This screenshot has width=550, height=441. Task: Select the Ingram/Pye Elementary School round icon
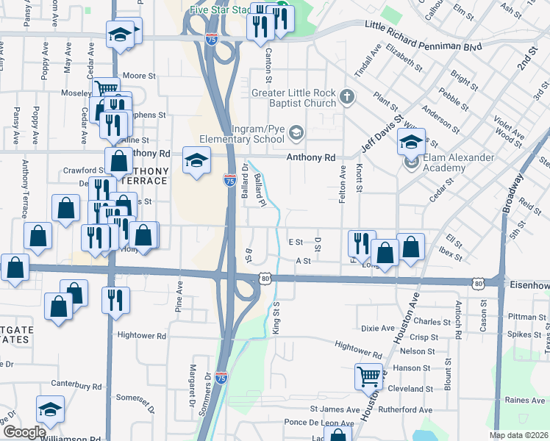pyautogui.click(x=296, y=133)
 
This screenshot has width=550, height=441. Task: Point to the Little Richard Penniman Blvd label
pyautogui.click(x=424, y=35)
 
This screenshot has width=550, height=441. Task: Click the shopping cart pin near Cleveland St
pyautogui.click(x=368, y=377)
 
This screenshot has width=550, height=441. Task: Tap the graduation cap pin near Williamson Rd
pyautogui.click(x=50, y=409)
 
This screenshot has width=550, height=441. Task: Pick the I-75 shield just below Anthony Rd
pyautogui.click(x=229, y=179)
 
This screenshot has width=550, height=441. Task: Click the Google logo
pyautogui.click(x=24, y=432)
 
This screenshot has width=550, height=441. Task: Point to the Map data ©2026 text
pyautogui.click(x=519, y=436)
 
